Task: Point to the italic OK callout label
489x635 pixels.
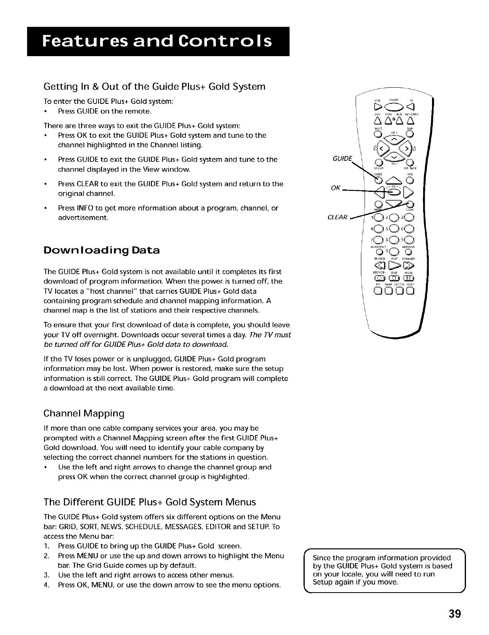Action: pos(335,187)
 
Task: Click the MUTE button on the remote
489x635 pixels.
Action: pos(377,133)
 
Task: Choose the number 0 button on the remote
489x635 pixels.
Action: pos(393,254)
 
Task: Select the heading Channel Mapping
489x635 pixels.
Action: pos(84,414)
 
